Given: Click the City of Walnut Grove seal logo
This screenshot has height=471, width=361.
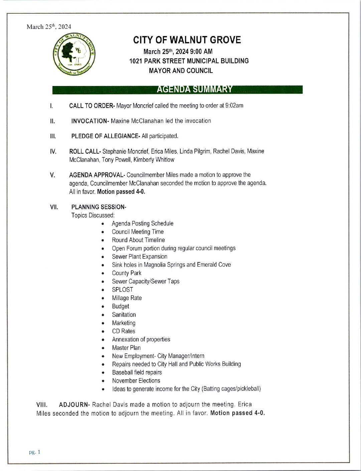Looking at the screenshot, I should [74, 54].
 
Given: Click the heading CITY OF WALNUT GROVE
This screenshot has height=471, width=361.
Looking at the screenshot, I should [187, 40].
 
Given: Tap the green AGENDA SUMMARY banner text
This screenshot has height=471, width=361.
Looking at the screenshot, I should [194, 89].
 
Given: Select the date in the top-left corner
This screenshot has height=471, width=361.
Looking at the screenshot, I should [49, 27].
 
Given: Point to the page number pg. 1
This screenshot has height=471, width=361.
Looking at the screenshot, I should [34, 452].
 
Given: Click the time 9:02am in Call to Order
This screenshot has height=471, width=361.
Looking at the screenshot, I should [234, 106].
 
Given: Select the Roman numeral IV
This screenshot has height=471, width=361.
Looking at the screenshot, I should [53, 151].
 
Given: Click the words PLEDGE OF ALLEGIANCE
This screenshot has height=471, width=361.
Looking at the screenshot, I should [105, 136].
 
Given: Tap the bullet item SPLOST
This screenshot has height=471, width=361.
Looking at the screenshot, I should [123, 290].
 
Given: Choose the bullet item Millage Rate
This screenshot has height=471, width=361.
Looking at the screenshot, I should [127, 298].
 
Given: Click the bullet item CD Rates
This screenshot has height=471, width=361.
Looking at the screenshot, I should [124, 331].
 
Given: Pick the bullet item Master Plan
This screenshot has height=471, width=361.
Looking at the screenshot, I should [126, 348].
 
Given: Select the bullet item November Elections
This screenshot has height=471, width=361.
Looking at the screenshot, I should [136, 381].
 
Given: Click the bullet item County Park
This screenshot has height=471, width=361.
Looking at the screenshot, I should [127, 273].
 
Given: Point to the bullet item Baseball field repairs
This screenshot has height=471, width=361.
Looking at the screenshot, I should [137, 372].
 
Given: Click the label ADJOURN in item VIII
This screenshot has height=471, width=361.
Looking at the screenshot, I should [74, 405].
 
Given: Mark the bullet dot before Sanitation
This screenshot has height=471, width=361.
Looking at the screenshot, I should [103, 315].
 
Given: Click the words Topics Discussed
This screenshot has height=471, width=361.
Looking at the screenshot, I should [93, 215].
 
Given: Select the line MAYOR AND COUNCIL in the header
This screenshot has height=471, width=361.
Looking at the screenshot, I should [181, 71].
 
